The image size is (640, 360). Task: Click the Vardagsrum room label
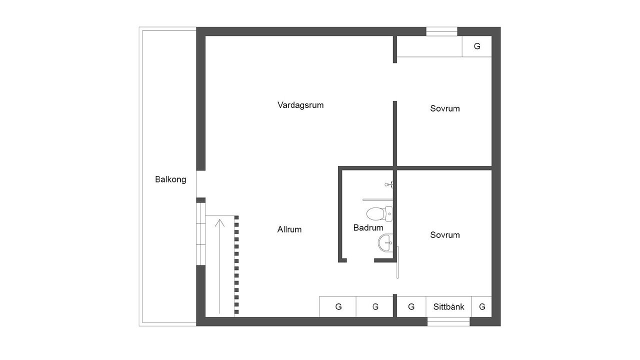pos(300,105)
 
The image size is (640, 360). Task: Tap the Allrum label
pos(289,229)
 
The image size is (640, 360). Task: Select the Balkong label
pos(170,179)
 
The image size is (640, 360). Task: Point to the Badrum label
pos(368,227)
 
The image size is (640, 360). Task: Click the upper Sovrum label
pos(445,108)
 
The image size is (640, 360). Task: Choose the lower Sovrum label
pos(445,235)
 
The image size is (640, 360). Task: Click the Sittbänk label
pos(448,307)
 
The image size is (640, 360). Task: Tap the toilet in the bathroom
pos(379,213)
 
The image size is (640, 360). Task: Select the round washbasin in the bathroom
pos(385,243)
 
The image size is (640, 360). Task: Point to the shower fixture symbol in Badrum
pos(389,184)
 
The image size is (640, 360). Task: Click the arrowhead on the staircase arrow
pos(219,223)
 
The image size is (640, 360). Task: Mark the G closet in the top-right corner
pos(477,46)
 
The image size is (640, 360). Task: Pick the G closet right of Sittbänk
pos(481,307)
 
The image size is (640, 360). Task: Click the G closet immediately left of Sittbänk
pos(411,307)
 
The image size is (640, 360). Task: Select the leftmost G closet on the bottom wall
pos(337,307)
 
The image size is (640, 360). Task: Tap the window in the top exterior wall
pos(441,31)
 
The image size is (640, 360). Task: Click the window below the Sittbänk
pos(448,321)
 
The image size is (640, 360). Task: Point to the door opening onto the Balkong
pos(201,184)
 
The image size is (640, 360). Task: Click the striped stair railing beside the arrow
pos(236,265)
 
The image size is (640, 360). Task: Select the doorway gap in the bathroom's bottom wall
pos(360,260)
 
